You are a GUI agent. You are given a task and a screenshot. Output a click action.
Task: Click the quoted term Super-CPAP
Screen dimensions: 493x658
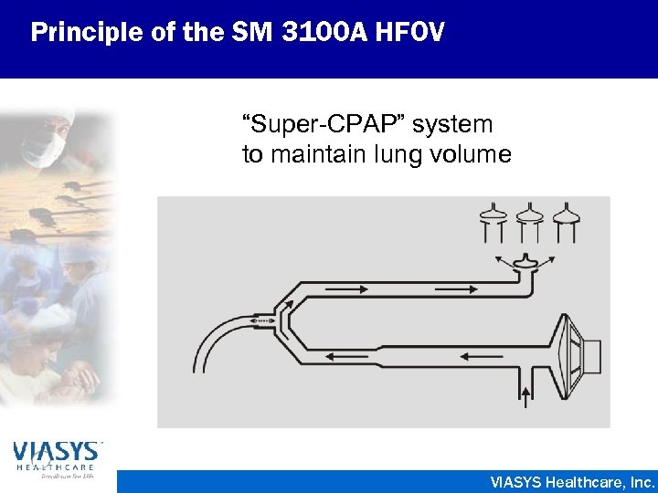(315, 124)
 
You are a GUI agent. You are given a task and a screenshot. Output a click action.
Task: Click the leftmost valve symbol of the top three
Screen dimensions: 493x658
(494, 220)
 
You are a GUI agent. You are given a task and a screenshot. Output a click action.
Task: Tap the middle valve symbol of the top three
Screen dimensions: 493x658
(529, 220)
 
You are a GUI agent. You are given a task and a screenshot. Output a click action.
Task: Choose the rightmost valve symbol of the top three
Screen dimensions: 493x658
(565, 220)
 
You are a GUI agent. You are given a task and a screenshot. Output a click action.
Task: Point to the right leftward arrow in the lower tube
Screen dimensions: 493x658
(476, 357)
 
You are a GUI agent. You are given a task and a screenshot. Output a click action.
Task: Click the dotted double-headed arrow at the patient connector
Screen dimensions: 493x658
(262, 320)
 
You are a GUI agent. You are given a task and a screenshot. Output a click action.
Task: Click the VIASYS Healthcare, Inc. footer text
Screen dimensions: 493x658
(572, 481)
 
